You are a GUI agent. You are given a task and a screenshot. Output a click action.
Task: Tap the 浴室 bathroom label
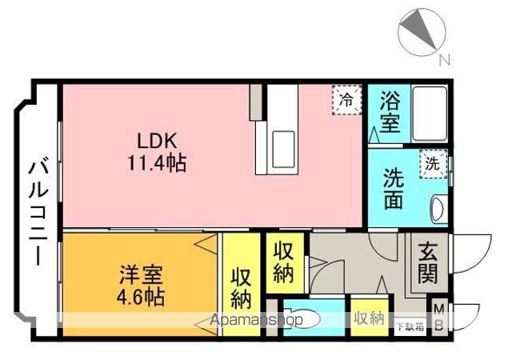point(390,113)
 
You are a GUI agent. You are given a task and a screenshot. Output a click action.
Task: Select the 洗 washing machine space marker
point(432,165)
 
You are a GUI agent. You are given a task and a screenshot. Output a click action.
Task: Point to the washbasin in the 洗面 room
point(436,210)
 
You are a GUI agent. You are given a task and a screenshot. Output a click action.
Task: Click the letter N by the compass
point(445,59)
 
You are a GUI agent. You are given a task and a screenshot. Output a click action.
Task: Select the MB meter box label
point(438,318)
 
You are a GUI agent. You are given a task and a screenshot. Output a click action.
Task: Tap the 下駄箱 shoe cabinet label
point(409,326)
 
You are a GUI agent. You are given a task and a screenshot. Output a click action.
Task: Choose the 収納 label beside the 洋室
point(241,287)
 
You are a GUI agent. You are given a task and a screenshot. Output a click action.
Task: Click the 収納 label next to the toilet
point(369,318)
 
